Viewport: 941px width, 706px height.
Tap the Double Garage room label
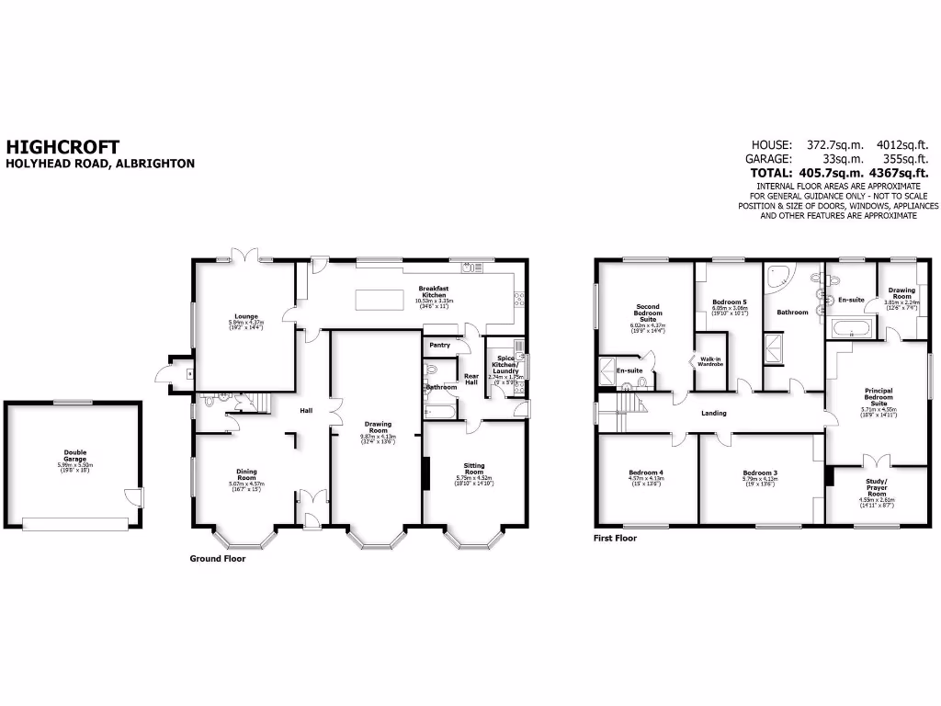(x=74, y=454)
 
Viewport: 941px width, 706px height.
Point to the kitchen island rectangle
(x=378, y=299)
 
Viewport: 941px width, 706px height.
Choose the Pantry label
(x=439, y=345)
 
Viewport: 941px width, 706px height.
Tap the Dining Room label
(x=246, y=473)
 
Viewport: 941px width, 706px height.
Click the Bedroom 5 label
(x=731, y=302)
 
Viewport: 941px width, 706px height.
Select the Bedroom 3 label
(x=760, y=472)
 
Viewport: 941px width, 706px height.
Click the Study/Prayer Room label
(x=877, y=488)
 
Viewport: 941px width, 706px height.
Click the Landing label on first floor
(x=714, y=413)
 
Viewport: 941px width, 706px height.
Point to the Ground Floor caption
(x=217, y=558)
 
